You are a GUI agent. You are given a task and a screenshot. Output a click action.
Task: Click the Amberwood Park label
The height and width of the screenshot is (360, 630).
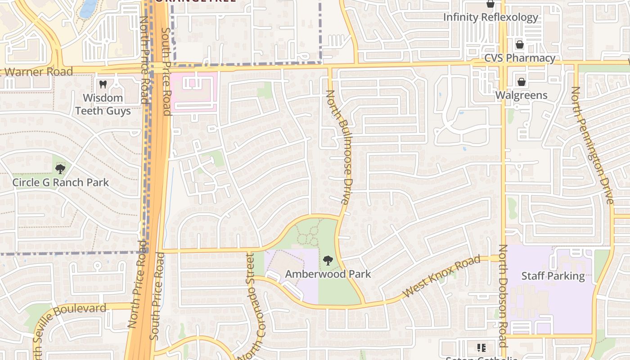(x=328, y=274)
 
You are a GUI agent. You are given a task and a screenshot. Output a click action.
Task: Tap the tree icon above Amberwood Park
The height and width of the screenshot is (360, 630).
(x=328, y=260)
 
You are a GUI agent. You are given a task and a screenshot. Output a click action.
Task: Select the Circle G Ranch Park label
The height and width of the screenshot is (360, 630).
(x=60, y=182)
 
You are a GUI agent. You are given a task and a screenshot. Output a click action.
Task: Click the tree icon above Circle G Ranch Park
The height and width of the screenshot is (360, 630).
(x=60, y=169)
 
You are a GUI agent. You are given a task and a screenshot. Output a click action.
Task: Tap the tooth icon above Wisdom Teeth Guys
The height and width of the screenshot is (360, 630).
(x=103, y=84)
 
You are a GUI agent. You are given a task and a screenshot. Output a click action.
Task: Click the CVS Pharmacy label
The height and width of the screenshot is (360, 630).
(x=519, y=58)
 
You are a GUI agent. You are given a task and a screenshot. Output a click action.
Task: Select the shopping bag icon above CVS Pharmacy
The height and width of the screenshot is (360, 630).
(x=520, y=45)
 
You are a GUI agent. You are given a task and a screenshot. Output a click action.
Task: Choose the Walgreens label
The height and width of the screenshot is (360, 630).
(x=521, y=95)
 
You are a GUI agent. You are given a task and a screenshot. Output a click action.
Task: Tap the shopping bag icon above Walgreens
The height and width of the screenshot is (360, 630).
(x=521, y=82)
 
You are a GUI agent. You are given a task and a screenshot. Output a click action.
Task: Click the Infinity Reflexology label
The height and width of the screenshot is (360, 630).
(x=490, y=17)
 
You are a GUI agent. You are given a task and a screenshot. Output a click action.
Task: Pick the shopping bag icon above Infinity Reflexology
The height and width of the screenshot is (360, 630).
(x=490, y=4)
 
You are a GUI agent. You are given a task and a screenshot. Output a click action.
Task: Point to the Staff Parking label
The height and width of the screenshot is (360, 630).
(x=553, y=276)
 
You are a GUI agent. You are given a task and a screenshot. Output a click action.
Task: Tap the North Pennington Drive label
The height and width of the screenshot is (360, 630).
(x=592, y=145)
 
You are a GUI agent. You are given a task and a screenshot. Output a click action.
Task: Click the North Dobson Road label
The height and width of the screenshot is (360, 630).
(x=503, y=296)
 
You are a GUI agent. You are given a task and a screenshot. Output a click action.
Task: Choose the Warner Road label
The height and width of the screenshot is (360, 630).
(x=38, y=72)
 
